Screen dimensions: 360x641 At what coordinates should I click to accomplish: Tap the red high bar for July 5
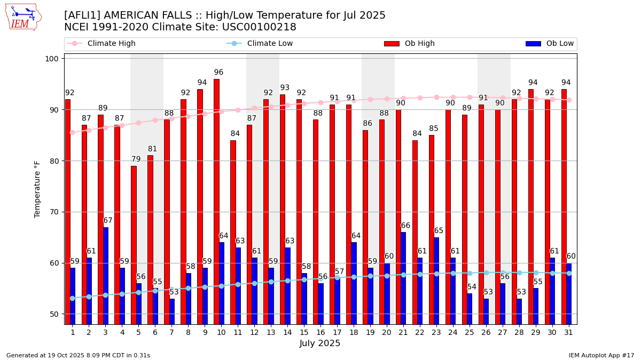[x=134, y=245]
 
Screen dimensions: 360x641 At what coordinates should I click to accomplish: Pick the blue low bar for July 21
[x=403, y=278]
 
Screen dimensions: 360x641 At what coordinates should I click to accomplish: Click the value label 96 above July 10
[x=218, y=73]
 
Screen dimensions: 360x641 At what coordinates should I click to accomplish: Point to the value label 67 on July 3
[x=108, y=221]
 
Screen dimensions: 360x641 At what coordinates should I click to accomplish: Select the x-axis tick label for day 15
[x=303, y=332]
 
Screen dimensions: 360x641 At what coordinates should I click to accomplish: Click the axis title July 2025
[x=320, y=343]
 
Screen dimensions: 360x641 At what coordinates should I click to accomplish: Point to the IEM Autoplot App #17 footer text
[x=601, y=355]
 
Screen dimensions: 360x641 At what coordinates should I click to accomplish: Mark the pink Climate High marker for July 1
[x=72, y=132]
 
